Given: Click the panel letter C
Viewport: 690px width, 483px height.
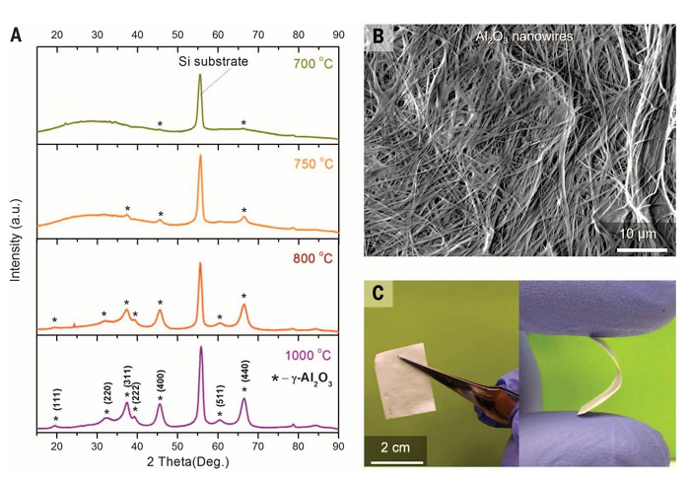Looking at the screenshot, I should (378, 295).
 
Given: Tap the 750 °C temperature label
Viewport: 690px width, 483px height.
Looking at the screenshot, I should (313, 163).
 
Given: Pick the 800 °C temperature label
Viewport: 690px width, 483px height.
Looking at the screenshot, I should (313, 261).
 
